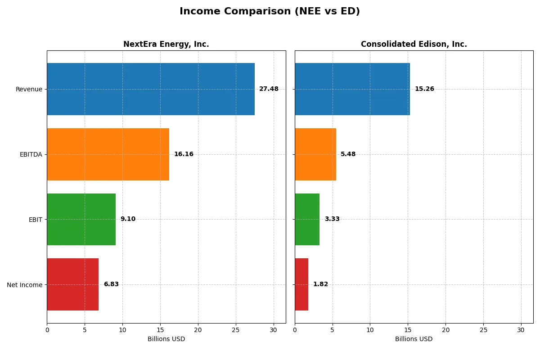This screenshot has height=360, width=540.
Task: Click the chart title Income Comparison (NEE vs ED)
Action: tap(270, 12)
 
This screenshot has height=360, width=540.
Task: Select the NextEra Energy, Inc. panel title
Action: tap(166, 44)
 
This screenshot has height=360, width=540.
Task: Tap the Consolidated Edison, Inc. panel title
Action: tap(414, 44)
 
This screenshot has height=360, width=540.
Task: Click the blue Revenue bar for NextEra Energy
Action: tap(151, 89)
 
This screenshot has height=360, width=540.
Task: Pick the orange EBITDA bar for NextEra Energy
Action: tap(108, 154)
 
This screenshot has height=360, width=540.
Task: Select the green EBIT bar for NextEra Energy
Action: tap(81, 220)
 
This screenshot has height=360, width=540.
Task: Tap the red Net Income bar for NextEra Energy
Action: tap(72, 284)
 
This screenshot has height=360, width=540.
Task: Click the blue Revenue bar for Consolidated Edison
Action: tap(352, 89)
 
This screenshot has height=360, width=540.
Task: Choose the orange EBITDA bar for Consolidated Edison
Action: tap(315, 154)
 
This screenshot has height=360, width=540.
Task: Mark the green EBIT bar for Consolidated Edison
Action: tap(307, 220)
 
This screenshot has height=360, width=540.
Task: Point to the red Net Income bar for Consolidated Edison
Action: tap(301, 284)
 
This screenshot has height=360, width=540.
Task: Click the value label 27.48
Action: tap(269, 89)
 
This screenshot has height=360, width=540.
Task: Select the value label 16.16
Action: tap(184, 154)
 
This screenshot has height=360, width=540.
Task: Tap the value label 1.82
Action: tap(320, 284)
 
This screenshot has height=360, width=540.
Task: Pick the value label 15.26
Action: tap(424, 89)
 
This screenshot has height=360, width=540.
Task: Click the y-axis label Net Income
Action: tap(25, 285)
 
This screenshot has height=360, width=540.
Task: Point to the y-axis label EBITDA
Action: tap(31, 154)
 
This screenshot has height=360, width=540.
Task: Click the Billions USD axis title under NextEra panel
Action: tap(166, 339)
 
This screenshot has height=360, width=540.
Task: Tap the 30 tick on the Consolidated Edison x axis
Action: tap(521, 330)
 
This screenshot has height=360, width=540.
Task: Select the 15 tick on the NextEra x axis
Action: tap(160, 330)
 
